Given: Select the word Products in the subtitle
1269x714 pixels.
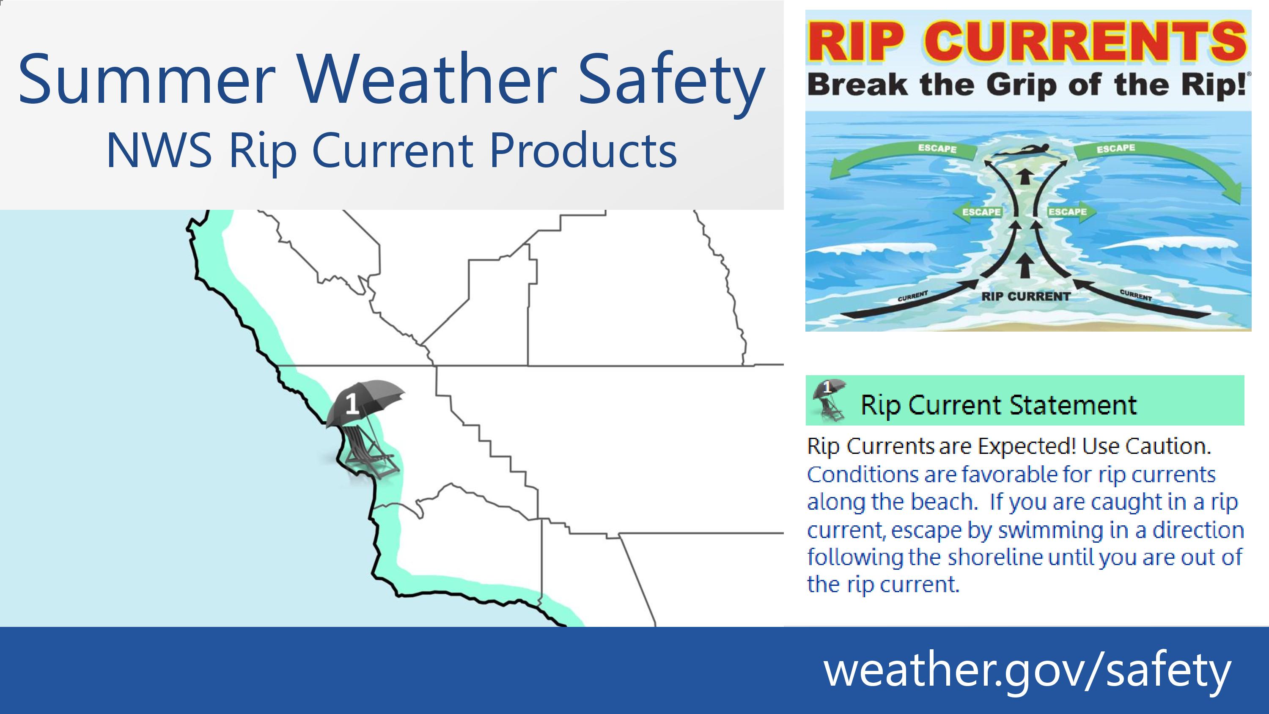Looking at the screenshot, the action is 583,150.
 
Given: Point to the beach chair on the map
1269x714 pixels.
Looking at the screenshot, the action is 368,451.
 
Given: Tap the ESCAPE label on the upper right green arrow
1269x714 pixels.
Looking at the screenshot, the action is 1116,148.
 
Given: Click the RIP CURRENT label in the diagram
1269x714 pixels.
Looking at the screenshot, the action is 1026,297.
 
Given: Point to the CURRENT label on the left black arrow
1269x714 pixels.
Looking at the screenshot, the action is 912,296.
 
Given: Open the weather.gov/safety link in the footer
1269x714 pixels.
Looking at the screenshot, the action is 1027,670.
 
